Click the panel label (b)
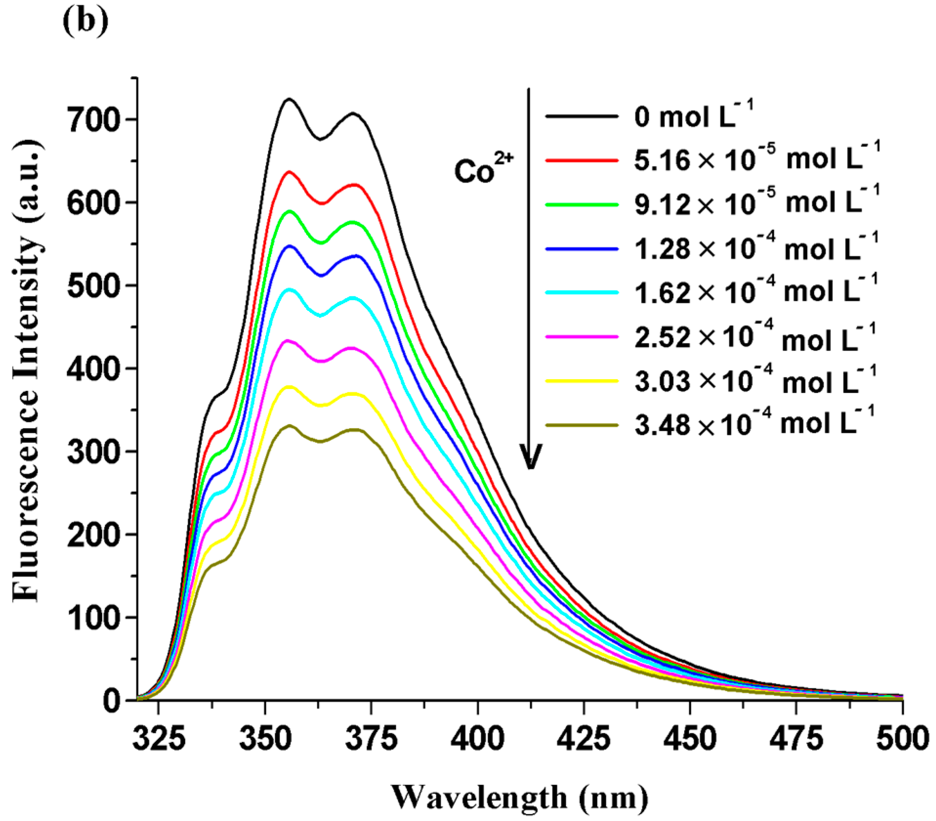[85, 21]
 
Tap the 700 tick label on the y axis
[93, 120]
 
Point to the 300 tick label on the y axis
[93, 452]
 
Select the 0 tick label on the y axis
[111, 701]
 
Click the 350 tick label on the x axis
[265, 739]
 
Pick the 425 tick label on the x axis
[583, 739]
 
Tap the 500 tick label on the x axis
[902, 739]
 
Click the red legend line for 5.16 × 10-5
[582, 160]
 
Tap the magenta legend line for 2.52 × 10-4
[582, 337]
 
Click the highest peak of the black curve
[290, 99]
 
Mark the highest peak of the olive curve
[290, 426]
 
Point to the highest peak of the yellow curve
[290, 387]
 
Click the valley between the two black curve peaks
[320, 139]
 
